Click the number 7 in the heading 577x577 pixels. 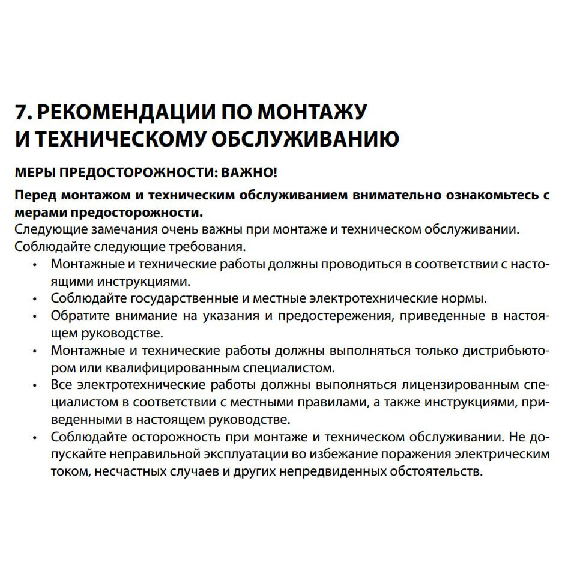(21, 113)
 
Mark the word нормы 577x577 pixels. (467, 298)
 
